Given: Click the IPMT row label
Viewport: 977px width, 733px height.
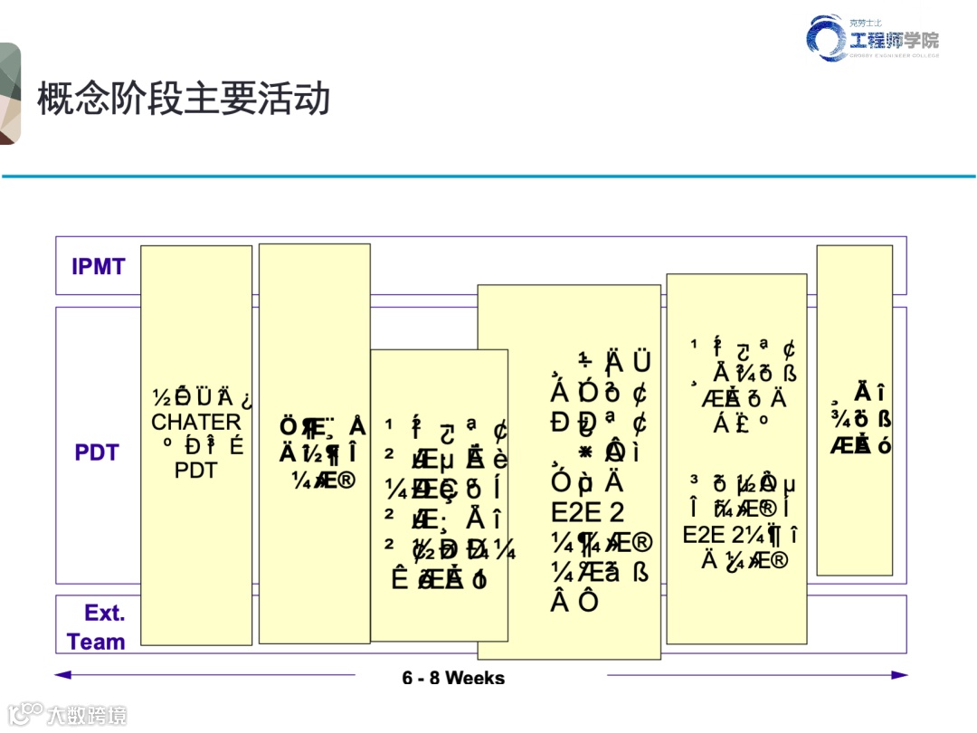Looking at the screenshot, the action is coord(99,267).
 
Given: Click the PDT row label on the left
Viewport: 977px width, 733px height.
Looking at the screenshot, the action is coord(97,452).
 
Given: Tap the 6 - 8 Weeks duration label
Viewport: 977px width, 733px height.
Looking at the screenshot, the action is coord(453,678).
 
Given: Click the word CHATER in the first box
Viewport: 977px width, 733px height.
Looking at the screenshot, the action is coord(196,423).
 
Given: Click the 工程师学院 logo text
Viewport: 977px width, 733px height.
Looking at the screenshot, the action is coord(894,40).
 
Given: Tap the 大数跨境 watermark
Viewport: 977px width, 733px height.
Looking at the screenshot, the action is coord(87,715).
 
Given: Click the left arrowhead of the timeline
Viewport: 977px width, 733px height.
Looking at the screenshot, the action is coord(62,674).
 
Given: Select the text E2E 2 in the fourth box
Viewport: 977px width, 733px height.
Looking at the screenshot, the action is coord(587,512).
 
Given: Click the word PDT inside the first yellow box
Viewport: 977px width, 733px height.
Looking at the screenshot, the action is coord(196,471).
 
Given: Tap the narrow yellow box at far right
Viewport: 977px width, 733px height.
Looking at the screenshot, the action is coord(854,410).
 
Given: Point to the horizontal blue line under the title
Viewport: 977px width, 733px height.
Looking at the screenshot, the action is coord(488,176).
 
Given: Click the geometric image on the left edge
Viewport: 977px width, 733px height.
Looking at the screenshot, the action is coord(10,94).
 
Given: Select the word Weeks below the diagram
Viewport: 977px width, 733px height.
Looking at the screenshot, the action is coord(475,678).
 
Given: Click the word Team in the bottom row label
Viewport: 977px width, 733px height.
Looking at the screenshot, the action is coord(96,643).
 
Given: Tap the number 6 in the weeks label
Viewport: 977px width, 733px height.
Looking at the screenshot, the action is coord(408,678).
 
